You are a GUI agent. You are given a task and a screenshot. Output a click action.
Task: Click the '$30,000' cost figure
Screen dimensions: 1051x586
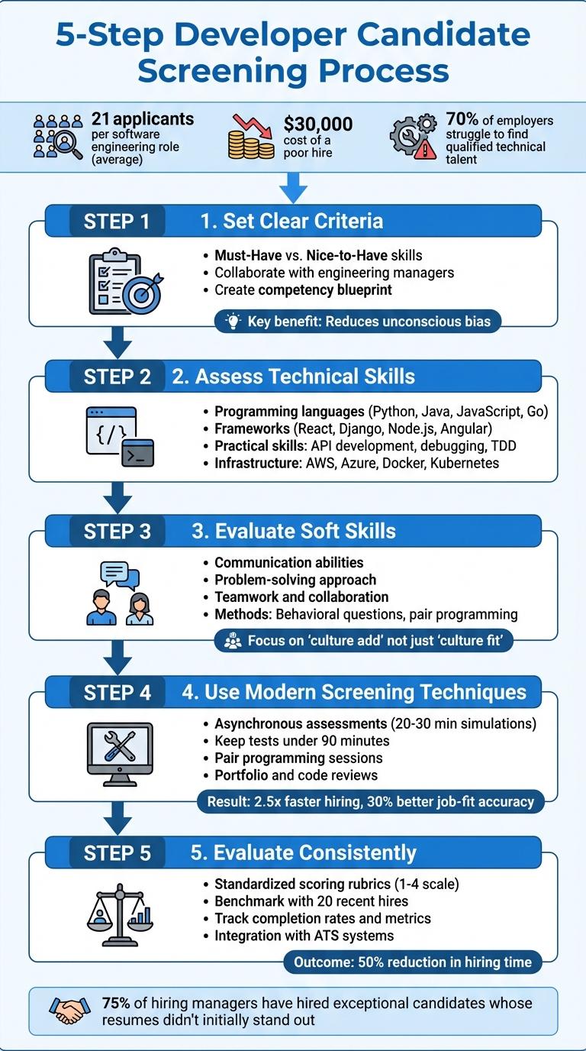pyautogui.click(x=317, y=124)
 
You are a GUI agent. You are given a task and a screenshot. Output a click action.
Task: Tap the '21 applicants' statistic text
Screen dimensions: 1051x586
pyautogui.click(x=142, y=119)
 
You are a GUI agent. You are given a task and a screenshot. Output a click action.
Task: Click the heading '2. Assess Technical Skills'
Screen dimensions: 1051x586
pyautogui.click(x=305, y=377)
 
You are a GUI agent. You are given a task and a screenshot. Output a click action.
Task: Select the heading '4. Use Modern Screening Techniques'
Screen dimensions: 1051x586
pyautogui.click(x=354, y=693)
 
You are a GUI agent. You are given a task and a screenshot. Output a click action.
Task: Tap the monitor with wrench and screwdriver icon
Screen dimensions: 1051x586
pyautogui.click(x=119, y=752)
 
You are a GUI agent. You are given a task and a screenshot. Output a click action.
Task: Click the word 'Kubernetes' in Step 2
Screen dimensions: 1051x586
pyautogui.click(x=463, y=463)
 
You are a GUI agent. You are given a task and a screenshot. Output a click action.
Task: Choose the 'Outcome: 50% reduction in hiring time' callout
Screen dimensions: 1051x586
pyautogui.click(x=413, y=962)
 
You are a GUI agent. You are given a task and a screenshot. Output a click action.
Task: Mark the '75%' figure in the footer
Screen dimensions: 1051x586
pyautogui.click(x=117, y=1003)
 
